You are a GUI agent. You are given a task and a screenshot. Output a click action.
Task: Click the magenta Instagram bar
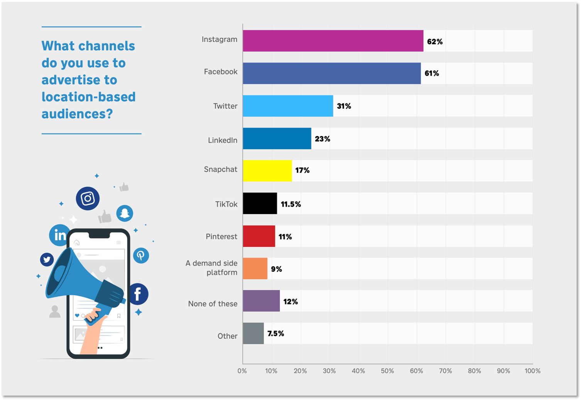click(333, 41)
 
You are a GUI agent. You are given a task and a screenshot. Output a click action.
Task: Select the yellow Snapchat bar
click(267, 170)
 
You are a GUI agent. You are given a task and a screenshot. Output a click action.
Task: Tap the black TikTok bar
click(260, 203)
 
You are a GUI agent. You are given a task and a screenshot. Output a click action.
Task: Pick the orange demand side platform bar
click(255, 268)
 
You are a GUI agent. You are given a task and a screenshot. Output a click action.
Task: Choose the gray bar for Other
click(253, 333)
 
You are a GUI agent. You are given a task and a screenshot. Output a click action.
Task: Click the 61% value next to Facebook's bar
click(431, 73)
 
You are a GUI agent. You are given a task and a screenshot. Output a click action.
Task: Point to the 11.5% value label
click(291, 204)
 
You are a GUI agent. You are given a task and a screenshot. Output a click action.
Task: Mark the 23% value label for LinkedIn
click(322, 139)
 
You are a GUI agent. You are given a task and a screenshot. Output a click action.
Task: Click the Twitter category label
click(225, 106)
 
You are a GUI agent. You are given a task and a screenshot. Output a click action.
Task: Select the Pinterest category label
click(221, 236)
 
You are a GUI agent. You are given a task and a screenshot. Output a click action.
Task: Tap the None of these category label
click(213, 304)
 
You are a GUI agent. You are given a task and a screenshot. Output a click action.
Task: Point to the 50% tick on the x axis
click(387, 371)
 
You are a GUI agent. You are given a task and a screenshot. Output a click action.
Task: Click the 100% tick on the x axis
click(532, 371)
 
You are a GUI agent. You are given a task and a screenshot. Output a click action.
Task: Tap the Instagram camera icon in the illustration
click(88, 199)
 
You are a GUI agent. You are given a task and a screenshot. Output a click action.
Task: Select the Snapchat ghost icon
click(125, 213)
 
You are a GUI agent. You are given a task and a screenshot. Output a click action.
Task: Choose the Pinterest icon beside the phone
click(141, 255)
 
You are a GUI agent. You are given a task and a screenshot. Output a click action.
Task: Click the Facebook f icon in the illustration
click(138, 294)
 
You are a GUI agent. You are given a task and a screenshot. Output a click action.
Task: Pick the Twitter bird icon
click(47, 260)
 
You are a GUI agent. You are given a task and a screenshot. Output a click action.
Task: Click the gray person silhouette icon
click(55, 312)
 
